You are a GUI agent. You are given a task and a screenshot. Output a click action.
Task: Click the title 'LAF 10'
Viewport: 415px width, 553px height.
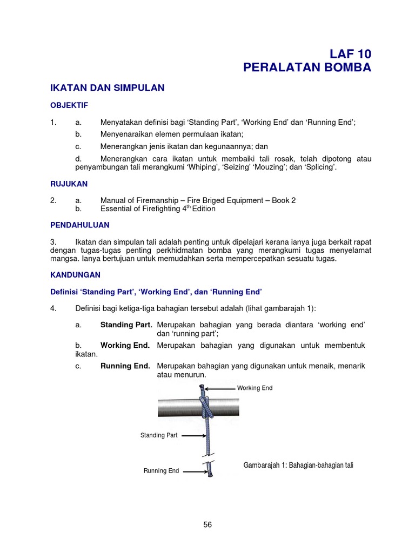(351, 53)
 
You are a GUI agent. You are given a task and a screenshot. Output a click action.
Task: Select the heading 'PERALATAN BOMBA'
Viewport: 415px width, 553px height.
(307, 68)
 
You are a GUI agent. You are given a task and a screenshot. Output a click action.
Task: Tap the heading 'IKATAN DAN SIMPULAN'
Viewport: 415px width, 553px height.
(107, 87)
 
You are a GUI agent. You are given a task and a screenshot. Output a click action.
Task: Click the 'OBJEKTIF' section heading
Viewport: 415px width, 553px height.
(69, 105)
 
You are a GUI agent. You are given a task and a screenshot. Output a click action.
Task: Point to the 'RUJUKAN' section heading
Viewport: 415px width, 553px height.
(69, 184)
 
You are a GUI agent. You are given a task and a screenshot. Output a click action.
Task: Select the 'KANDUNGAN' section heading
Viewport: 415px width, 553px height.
(75, 274)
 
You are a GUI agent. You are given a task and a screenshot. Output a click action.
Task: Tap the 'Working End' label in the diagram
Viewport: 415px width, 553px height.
(255, 388)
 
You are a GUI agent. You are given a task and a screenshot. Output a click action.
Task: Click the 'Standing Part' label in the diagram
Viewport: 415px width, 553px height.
(159, 435)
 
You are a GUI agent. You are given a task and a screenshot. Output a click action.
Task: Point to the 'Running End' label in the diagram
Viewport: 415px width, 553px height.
(161, 471)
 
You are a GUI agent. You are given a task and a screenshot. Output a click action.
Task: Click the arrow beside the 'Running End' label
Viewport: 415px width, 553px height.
(193, 471)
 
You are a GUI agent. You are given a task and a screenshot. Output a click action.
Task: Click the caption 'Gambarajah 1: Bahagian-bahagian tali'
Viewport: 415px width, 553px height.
(298, 465)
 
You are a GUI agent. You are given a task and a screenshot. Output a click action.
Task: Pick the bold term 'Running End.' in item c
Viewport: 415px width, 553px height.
(125, 366)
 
